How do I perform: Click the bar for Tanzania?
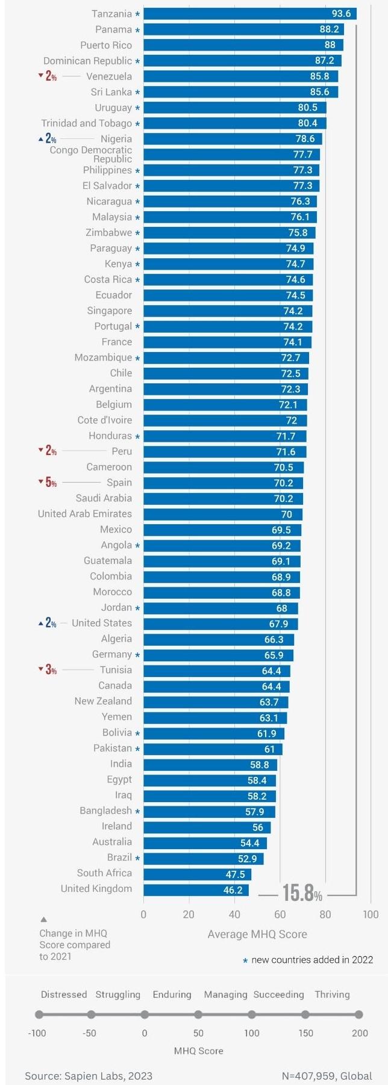(249, 14)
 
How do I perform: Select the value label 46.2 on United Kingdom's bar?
(233, 890)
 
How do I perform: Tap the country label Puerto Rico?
(106, 45)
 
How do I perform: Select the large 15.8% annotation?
(302, 894)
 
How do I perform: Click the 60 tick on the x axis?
(280, 915)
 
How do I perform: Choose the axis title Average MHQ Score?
(257, 934)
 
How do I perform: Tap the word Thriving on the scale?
(332, 994)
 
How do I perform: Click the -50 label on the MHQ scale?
(89, 1033)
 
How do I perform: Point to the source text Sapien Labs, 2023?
(89, 1075)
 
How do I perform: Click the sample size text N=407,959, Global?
(327, 1075)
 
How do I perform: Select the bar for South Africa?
(197, 874)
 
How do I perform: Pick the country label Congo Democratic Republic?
(91, 155)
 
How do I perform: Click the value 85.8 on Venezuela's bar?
(320, 76)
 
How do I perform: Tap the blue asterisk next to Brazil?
(137, 859)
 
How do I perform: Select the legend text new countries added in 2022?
(312, 960)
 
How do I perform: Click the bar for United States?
(220, 624)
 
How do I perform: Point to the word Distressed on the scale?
(64, 994)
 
